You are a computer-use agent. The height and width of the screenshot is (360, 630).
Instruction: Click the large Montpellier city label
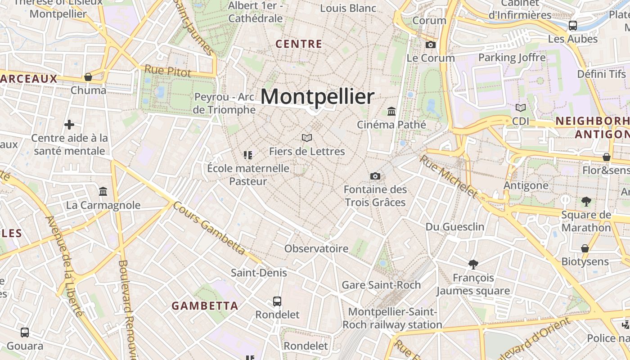pos(317,97)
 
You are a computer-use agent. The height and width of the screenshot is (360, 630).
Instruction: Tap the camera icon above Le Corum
pos(431,45)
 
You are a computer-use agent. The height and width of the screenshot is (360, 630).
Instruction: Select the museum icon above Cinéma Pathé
pos(391,111)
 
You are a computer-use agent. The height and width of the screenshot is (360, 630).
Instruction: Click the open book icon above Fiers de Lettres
pos(307,138)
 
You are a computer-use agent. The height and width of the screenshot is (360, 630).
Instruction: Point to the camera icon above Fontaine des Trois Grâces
pos(375,176)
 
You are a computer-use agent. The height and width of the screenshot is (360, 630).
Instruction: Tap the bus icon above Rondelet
pos(277,301)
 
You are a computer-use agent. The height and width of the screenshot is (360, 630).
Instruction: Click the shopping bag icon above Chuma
pos(88,77)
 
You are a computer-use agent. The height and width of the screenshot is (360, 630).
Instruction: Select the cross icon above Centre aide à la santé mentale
pos(69,124)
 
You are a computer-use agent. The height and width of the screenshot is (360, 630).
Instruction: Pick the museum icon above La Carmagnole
pos(103,192)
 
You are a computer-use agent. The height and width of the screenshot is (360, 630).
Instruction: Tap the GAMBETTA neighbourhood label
pos(205,306)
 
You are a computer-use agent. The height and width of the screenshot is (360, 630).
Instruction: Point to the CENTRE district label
pos(299,44)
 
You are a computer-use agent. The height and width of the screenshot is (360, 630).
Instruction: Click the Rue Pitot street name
pos(168,71)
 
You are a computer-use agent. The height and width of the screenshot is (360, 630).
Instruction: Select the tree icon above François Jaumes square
pos(473,264)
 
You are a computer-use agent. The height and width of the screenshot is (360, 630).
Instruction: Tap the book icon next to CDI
pos(521,108)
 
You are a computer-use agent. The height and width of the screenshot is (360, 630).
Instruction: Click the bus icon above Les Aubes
pos(573,26)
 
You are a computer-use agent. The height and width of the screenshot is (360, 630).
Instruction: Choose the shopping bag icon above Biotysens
pos(585,248)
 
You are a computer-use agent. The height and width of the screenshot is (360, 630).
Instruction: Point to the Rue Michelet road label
pos(449,176)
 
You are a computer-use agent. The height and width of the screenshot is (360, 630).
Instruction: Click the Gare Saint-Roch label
pos(381,285)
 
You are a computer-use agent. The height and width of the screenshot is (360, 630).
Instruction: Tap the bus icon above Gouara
pos(25,333)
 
